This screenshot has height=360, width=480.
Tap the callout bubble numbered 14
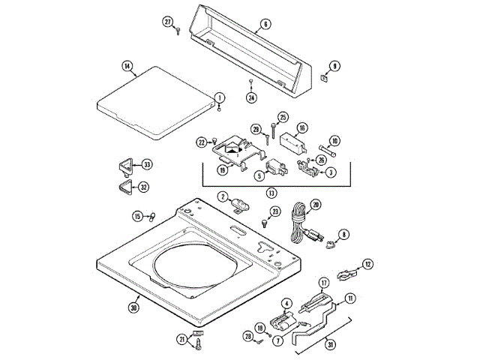click(x=128, y=67)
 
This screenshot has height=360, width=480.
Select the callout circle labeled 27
click(x=169, y=21)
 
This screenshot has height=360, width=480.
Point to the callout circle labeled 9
click(x=334, y=66)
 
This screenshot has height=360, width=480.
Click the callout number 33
click(x=146, y=164)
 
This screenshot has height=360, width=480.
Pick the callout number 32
click(x=143, y=187)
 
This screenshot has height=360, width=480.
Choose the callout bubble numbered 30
click(x=134, y=306)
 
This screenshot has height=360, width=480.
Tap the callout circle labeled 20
click(x=315, y=204)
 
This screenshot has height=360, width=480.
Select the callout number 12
click(x=367, y=263)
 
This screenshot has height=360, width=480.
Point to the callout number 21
click(x=181, y=339)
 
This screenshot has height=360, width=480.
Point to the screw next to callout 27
click(x=178, y=31)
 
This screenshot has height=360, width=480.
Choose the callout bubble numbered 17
click(x=324, y=283)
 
